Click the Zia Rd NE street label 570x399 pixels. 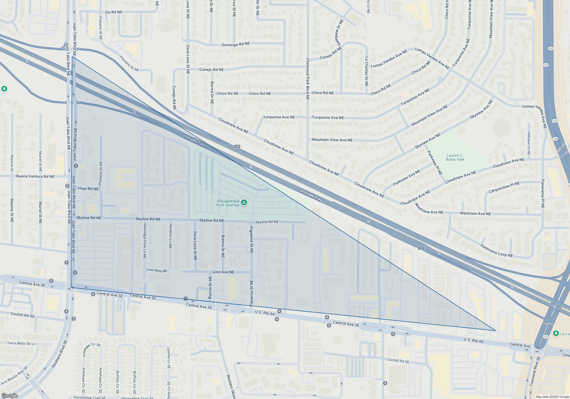(113, 12)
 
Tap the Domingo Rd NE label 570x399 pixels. (236, 44)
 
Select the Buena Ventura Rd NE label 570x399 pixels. (35, 176)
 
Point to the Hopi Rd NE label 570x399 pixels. (88, 189)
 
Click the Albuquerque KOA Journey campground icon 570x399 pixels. (244, 203)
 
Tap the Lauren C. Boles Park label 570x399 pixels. (455, 157)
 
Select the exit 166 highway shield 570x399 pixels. (237, 146)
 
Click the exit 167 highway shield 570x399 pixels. (421, 248)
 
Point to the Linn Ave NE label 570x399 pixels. (223, 272)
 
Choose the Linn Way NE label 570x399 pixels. (157, 270)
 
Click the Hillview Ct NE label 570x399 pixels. (529, 143)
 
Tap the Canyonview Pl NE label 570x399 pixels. (504, 187)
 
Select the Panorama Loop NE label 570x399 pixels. (496, 251)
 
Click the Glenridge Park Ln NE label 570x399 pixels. (145, 241)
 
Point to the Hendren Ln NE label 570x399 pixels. (170, 236)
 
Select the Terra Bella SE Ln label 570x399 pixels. (21, 343)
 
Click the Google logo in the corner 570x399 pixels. (9, 396)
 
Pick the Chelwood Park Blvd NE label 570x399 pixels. (308, 79)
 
